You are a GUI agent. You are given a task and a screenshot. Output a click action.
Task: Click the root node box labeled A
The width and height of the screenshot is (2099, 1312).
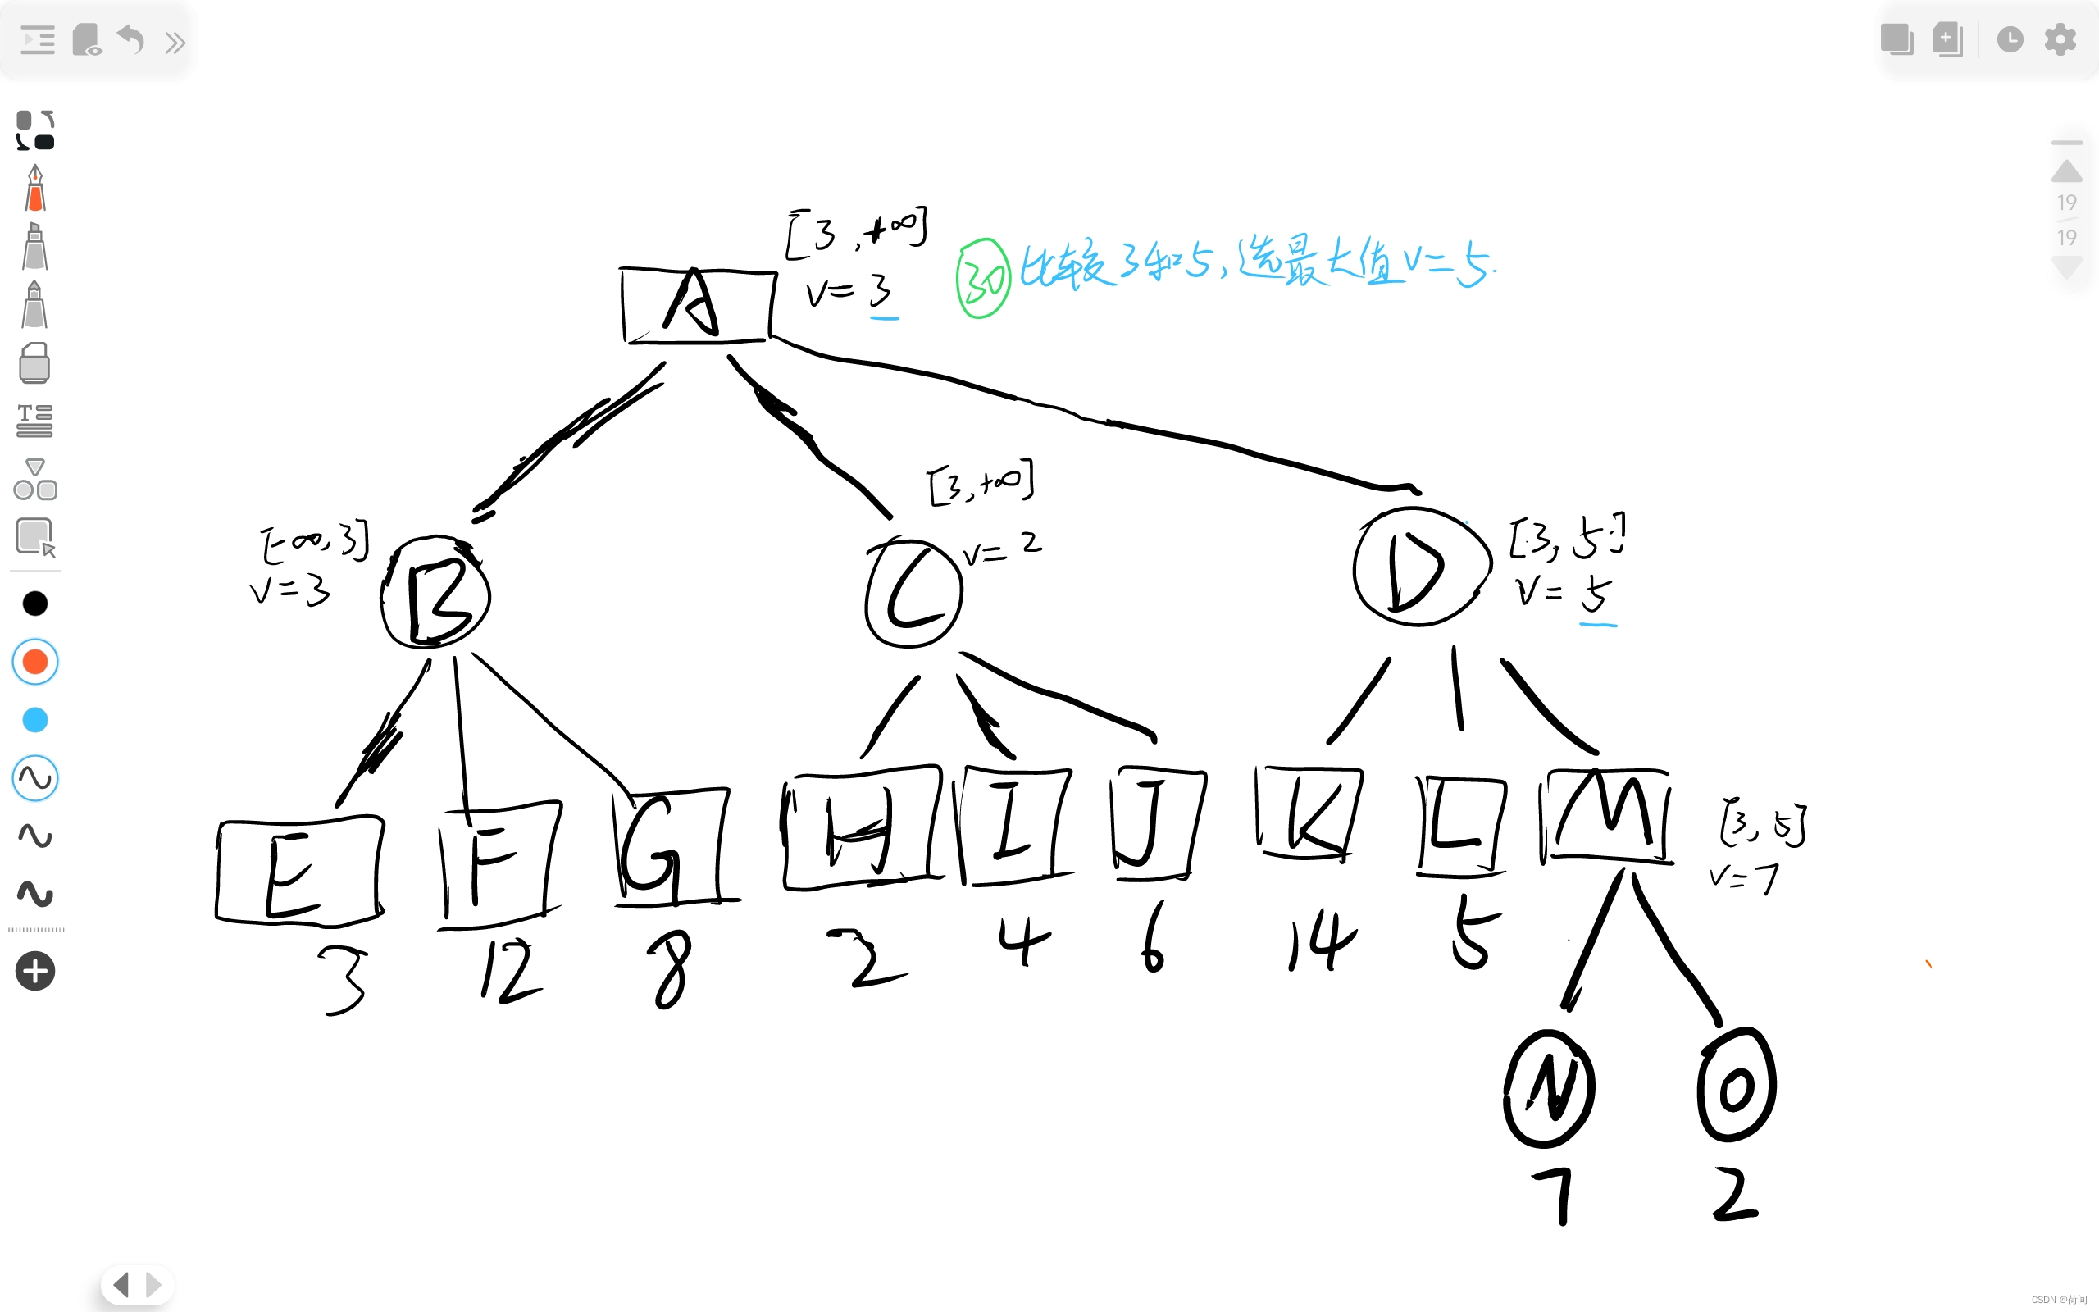point(698,305)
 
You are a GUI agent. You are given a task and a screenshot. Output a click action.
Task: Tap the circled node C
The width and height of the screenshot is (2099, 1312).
point(913,594)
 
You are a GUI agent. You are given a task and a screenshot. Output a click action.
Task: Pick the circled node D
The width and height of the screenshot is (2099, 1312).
point(1420,567)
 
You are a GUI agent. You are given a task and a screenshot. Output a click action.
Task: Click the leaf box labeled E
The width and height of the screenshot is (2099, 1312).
point(299,870)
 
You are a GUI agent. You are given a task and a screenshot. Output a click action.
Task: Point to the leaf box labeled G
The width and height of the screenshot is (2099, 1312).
point(672,846)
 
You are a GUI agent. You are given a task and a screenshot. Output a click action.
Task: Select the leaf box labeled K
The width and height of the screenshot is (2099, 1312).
point(1309,813)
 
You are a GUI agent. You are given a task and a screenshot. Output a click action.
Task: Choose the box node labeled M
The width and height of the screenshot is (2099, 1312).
point(1606,816)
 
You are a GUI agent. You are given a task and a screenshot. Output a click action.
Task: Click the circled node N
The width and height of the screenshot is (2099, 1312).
point(1549,1088)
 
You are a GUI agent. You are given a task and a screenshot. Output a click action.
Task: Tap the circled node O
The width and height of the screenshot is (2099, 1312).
point(1737,1086)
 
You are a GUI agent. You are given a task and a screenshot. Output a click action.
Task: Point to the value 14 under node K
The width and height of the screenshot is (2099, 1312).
point(1321,941)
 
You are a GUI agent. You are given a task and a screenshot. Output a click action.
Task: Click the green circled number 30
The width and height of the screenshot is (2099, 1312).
point(983,280)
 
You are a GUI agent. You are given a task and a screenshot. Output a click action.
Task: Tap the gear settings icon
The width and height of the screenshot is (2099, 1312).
point(2060,40)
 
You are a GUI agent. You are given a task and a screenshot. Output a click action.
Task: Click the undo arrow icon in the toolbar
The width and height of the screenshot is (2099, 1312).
point(130,40)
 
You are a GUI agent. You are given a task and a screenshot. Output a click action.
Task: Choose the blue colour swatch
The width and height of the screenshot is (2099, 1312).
point(34,720)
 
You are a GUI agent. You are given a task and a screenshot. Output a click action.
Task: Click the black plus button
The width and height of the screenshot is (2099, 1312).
point(34,971)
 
